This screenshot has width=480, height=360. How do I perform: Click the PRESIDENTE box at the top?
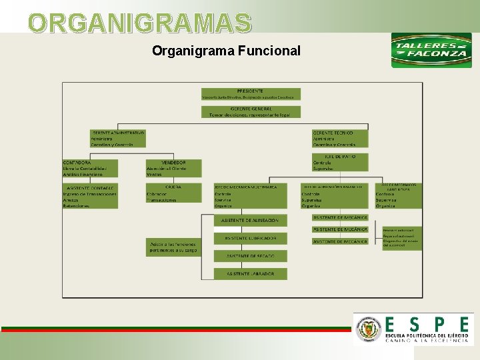(x=251, y=94)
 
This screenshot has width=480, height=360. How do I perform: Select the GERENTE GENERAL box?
(x=251, y=111)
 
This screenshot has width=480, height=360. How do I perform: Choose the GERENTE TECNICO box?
(x=340, y=138)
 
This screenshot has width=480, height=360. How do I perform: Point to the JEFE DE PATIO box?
(x=340, y=161)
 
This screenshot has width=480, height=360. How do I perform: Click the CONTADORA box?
(x=89, y=168)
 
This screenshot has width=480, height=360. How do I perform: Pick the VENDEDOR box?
(x=173, y=168)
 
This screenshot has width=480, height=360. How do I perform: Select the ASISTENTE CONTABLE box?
(x=89, y=196)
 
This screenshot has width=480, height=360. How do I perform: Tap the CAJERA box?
(x=173, y=193)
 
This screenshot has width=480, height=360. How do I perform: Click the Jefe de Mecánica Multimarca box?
(x=250, y=196)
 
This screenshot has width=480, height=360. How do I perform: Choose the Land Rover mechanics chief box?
(x=399, y=195)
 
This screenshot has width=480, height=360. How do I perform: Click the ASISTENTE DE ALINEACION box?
(x=250, y=220)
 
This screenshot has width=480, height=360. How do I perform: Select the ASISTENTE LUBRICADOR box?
(x=250, y=238)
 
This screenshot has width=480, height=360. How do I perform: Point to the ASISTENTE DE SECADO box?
(x=250, y=255)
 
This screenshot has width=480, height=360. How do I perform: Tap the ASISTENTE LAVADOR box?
(x=250, y=273)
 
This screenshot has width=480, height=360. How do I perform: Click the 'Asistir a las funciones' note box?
(x=173, y=247)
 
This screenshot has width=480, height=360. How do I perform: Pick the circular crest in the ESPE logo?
(x=368, y=329)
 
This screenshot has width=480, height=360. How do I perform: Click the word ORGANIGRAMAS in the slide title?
(x=140, y=23)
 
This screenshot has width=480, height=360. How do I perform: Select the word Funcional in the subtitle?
(x=267, y=51)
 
